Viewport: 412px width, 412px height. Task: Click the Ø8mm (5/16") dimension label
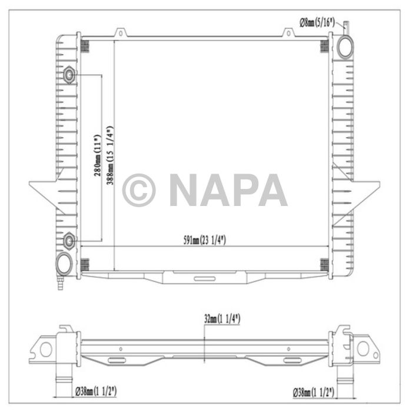[x=317, y=22]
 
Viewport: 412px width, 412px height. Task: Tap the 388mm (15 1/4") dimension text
[x=109, y=156]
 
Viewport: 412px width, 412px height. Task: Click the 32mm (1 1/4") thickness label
[x=222, y=319]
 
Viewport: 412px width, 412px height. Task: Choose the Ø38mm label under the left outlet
[x=96, y=390]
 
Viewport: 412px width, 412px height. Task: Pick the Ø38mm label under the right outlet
[x=313, y=390]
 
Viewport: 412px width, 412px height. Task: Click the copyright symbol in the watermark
[x=139, y=190]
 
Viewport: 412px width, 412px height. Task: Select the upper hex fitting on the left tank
[x=69, y=75]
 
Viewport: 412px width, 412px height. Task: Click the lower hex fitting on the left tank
[x=69, y=240]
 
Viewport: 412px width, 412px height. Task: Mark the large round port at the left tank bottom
[x=64, y=261]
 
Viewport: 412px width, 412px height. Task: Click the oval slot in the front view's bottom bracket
[x=205, y=279]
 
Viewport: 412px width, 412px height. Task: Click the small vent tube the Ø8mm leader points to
[x=348, y=26]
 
